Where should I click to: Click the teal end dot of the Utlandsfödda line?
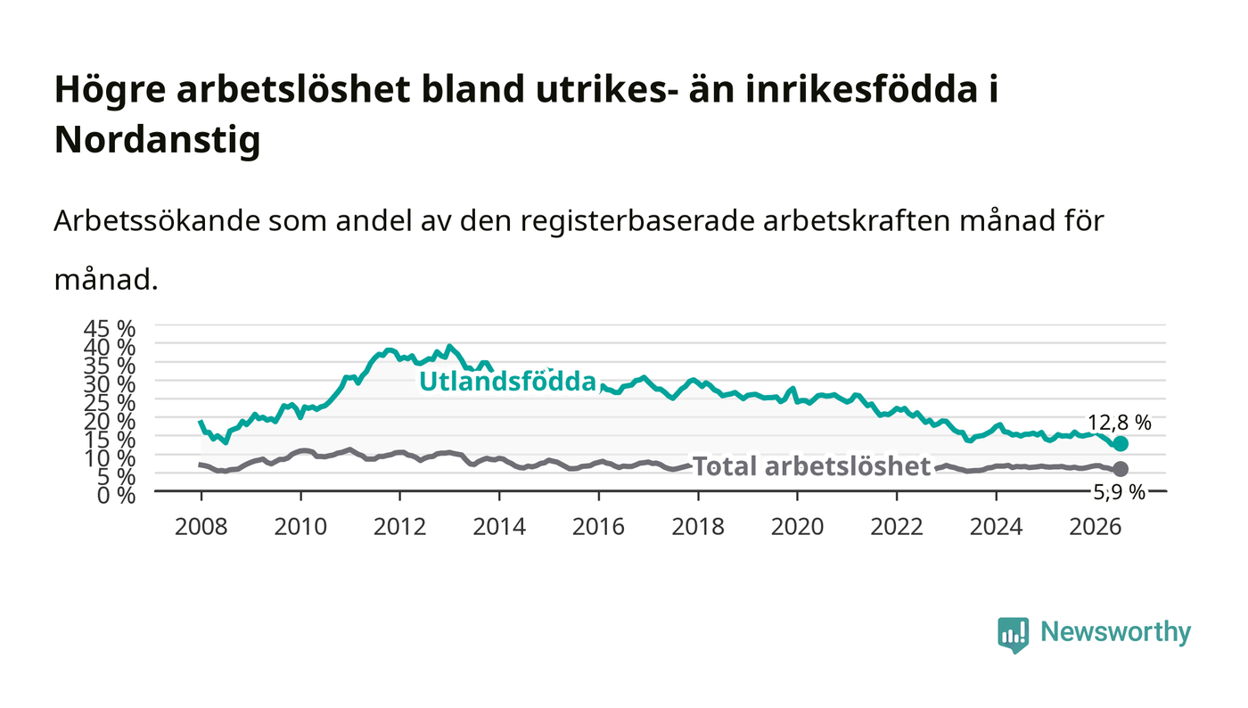tap(1121, 444)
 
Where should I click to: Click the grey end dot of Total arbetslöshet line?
tap(1121, 469)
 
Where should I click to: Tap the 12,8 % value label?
tap(1120, 424)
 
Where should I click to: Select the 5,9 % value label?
tap(1120, 492)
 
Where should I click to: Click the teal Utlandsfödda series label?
tap(507, 382)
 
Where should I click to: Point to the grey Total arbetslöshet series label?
tap(812, 466)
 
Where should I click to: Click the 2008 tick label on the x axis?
tap(201, 527)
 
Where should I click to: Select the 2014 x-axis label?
tap(499, 527)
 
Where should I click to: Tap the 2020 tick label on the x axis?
tap(797, 527)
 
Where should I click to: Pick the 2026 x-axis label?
tap(1096, 527)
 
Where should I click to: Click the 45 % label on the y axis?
tap(109, 329)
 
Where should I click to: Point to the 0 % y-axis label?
tap(117, 495)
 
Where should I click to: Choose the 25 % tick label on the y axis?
tap(109, 403)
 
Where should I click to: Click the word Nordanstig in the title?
tap(158, 141)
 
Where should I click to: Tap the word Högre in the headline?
tap(111, 90)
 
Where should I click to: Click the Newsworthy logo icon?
tap(1013, 634)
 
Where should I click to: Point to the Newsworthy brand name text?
tap(1116, 632)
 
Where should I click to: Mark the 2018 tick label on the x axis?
tap(698, 527)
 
